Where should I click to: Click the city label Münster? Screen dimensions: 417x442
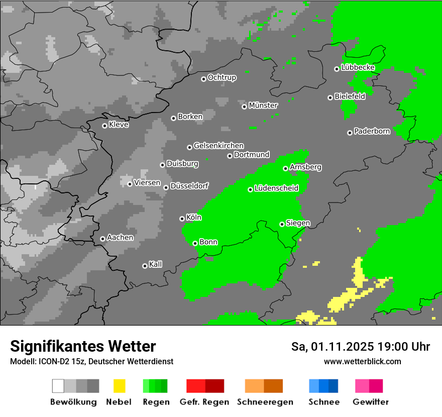263,106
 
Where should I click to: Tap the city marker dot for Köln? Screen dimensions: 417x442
182,219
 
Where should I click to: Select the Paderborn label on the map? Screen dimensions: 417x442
372,132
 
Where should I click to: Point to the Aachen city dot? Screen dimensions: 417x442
102,239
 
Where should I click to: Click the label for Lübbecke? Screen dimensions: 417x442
358,68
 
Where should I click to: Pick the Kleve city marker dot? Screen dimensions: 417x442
104,126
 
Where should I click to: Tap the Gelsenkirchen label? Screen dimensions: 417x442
218,146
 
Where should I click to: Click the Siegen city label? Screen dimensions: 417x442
298,223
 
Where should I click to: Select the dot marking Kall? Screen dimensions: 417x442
145,266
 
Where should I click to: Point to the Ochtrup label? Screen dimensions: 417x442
222,78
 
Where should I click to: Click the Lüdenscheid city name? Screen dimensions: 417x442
276,188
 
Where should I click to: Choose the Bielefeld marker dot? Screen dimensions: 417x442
330,97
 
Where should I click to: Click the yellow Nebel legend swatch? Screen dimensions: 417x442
120,386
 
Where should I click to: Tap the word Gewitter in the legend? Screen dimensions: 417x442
370,402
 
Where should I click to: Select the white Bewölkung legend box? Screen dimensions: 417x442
58,386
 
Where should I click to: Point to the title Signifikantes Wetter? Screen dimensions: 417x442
83,347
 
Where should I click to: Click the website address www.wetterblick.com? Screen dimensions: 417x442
362,362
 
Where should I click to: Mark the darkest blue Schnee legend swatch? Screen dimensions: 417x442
334,386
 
